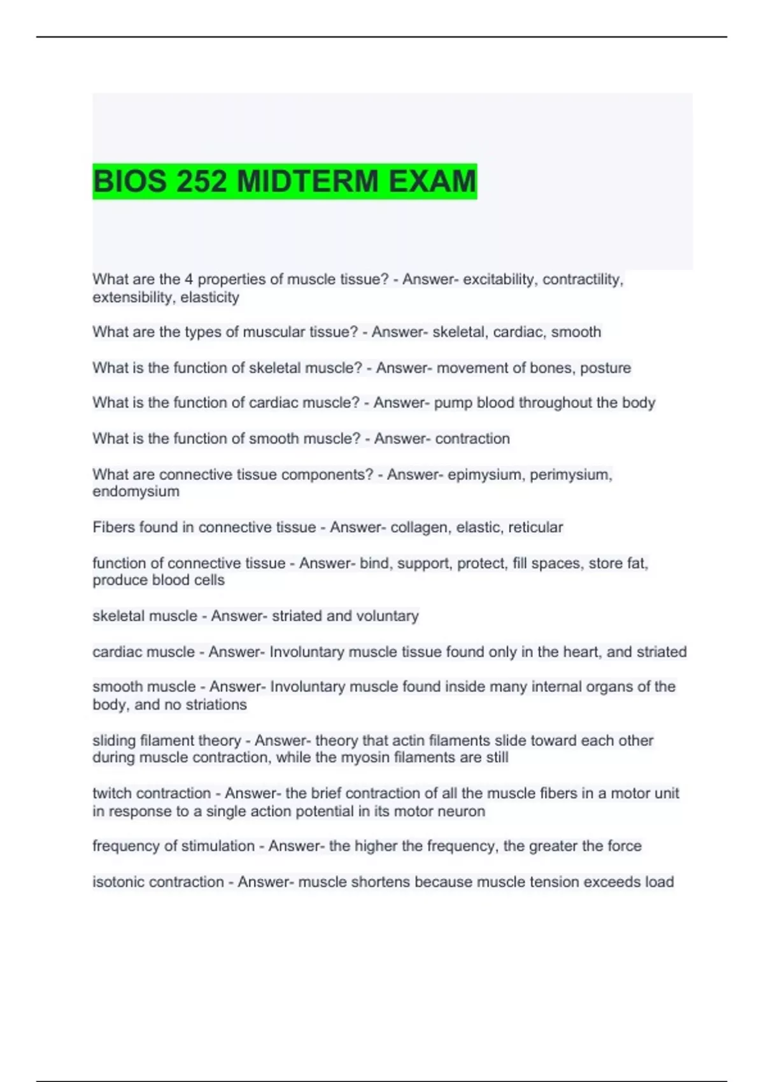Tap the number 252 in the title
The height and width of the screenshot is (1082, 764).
coord(201,181)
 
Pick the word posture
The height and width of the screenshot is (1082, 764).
coord(605,368)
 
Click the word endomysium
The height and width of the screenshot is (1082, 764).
coord(136,491)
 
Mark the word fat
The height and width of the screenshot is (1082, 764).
coord(637,563)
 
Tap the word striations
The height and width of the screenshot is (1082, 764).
coord(216,705)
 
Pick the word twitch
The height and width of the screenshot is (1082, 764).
coord(112,793)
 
